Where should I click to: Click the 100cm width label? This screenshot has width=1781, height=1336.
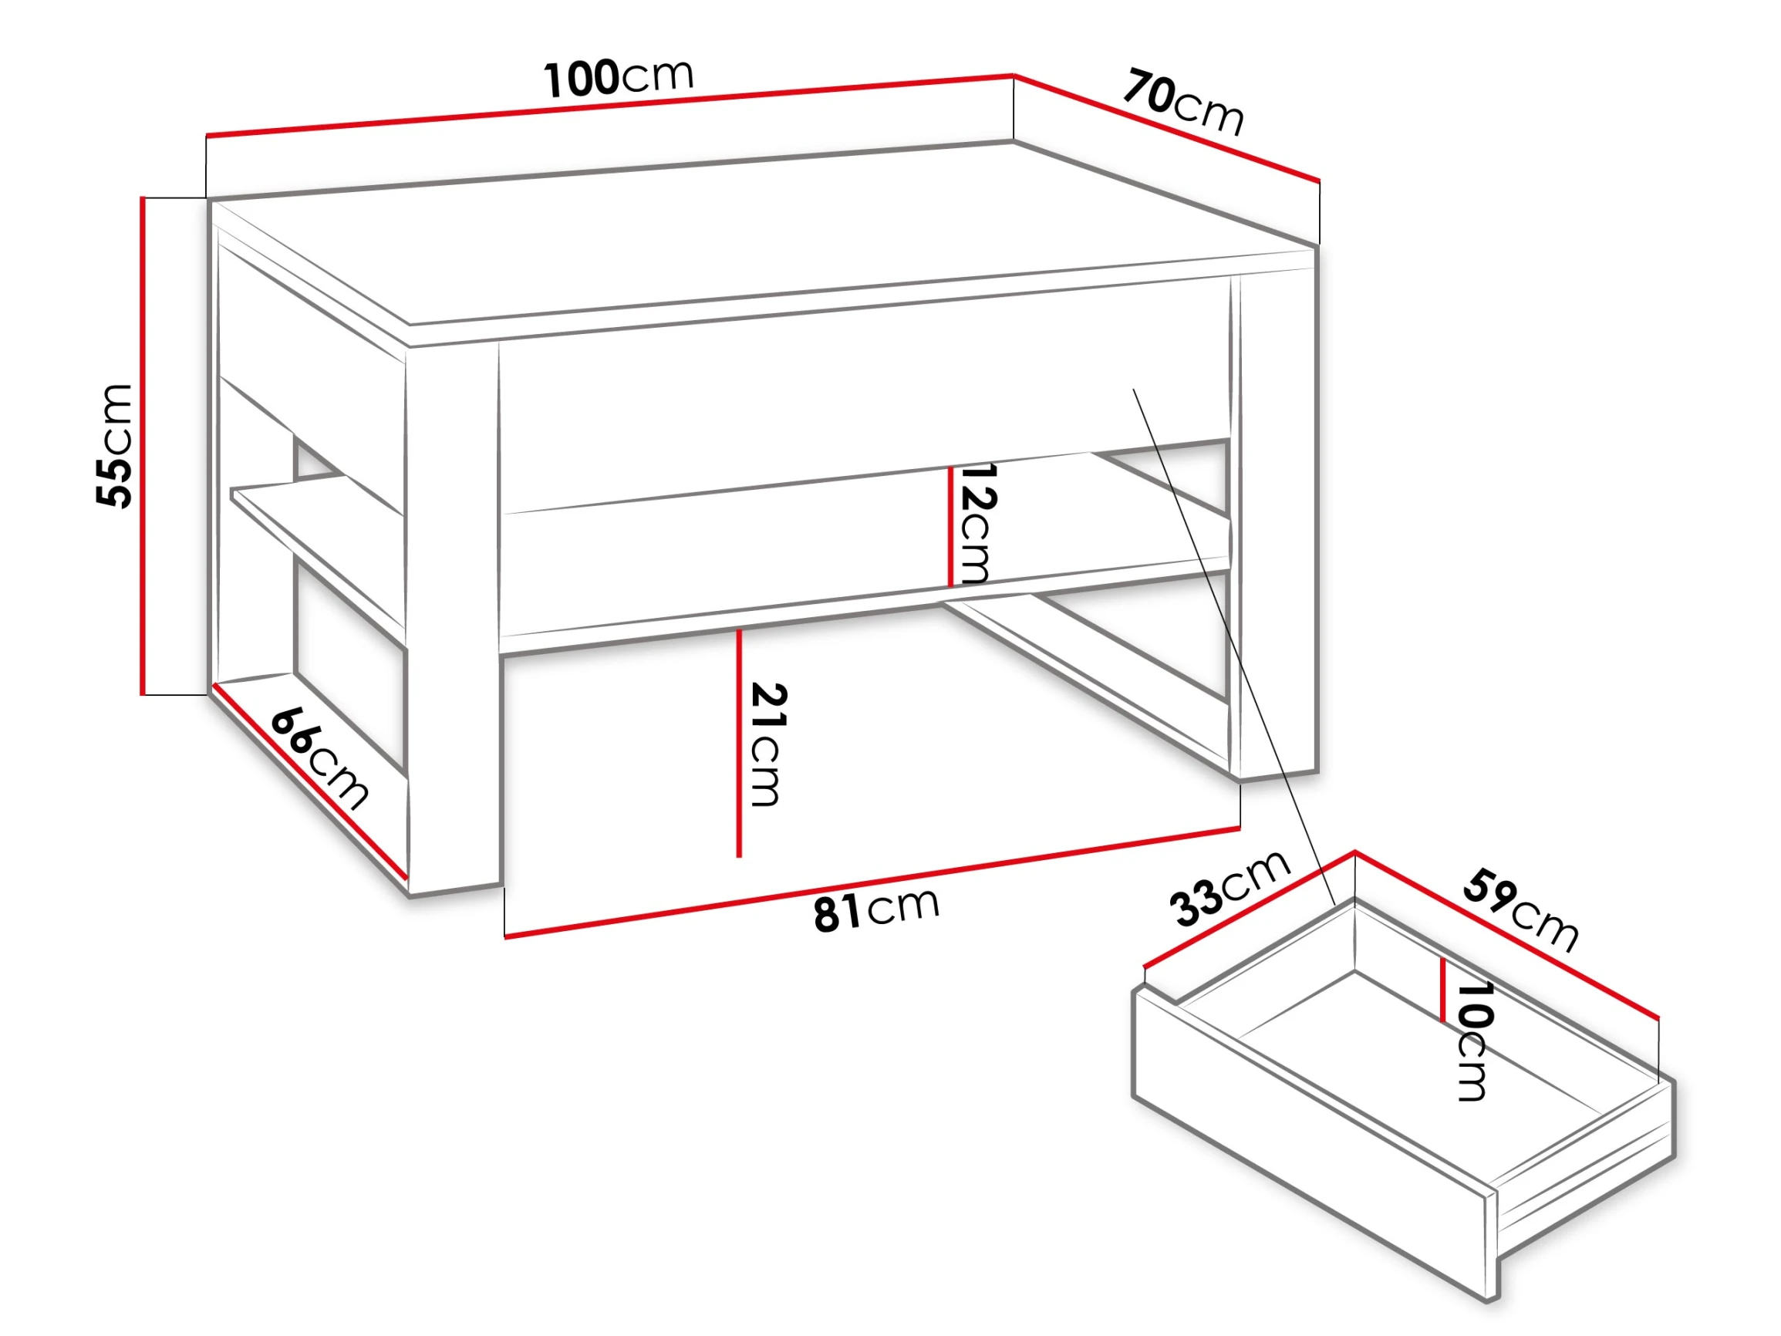pyautogui.click(x=619, y=78)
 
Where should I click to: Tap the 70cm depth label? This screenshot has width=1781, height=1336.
pyautogui.click(x=1183, y=103)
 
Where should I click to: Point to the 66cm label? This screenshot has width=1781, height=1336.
pyautogui.click(x=319, y=756)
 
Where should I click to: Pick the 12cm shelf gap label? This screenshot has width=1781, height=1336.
pyautogui.click(x=977, y=523)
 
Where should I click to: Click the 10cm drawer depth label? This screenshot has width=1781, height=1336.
pyautogui.click(x=1475, y=1040)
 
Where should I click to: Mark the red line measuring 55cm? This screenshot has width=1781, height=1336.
pyautogui.click(x=143, y=445)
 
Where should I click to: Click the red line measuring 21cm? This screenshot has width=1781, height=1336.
pyautogui.click(x=738, y=743)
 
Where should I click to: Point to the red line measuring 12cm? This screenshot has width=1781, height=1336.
pyautogui.click(x=950, y=526)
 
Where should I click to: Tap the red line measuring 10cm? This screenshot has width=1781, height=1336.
pyautogui.click(x=1444, y=990)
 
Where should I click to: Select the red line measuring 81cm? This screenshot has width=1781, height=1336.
pyautogui.click(x=872, y=882)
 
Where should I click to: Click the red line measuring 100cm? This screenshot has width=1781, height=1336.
pyautogui.click(x=609, y=106)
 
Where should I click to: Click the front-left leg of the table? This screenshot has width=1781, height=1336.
pyautogui.click(x=454, y=620)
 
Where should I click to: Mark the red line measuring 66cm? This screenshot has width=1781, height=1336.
pyautogui.click(x=309, y=781)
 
